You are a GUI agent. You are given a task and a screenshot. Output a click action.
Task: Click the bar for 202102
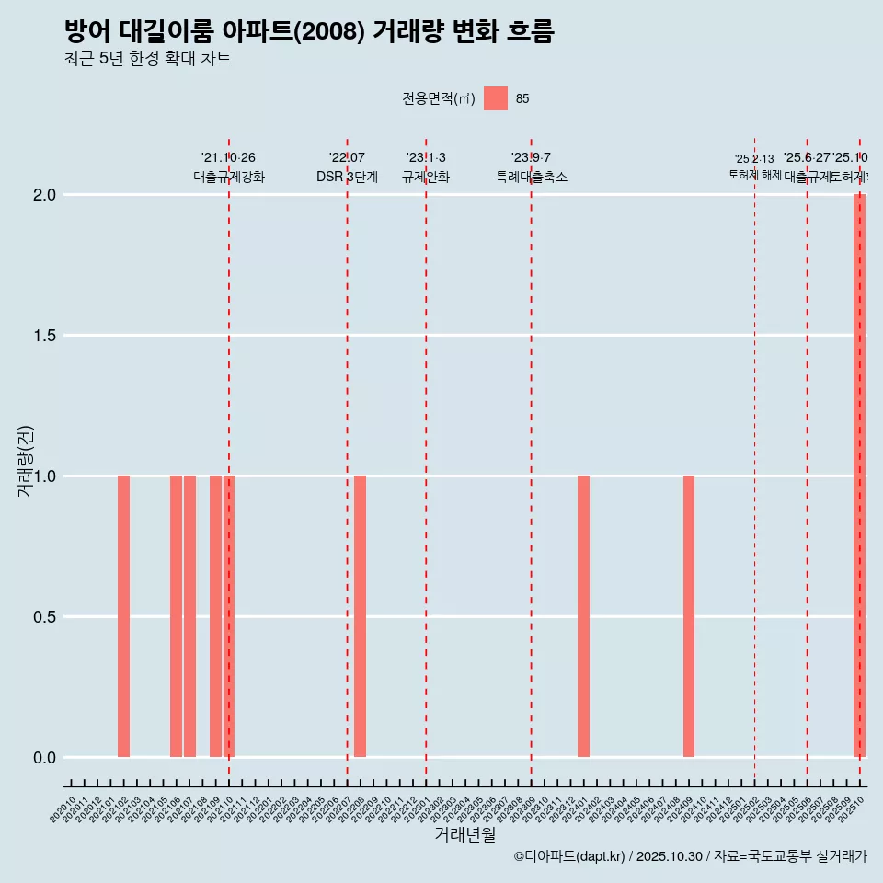point(123,616)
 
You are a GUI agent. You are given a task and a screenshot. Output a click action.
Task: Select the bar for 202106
point(176,616)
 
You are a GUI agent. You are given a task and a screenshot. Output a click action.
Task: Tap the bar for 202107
point(189,616)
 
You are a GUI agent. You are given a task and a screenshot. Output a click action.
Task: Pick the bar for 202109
point(215,616)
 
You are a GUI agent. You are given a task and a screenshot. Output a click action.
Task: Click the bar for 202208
point(360,616)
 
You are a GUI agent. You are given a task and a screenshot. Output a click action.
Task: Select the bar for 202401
point(583,616)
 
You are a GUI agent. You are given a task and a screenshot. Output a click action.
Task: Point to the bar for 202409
point(689,616)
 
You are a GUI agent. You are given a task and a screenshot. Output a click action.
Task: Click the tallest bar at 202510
point(859,476)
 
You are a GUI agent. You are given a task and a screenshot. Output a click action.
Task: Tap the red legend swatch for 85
point(496,98)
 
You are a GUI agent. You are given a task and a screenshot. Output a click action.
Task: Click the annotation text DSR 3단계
point(347,177)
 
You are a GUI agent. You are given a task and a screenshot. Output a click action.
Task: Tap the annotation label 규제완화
point(426,177)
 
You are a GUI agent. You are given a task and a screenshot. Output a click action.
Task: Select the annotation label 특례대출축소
point(531,177)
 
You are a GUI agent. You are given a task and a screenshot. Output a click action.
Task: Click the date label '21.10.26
point(228,157)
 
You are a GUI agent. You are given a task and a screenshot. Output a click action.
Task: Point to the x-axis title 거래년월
point(464,834)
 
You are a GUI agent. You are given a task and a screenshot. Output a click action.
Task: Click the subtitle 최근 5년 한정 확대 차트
point(147,59)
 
